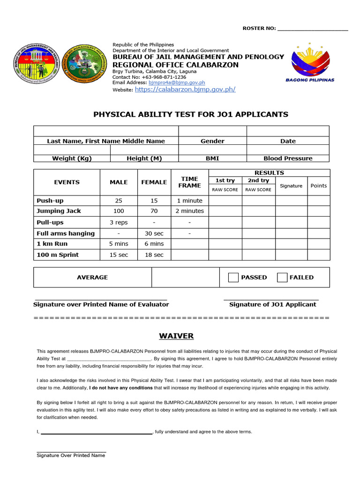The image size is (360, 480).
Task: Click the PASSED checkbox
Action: (233, 277)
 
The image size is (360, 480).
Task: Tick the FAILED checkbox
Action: (282, 277)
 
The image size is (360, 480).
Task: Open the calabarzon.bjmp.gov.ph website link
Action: (185, 89)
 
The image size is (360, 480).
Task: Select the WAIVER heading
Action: (176, 336)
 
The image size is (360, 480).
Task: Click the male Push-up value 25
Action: (119, 201)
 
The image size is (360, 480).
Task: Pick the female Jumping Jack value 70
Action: (154, 211)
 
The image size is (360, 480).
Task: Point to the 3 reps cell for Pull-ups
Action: (119, 222)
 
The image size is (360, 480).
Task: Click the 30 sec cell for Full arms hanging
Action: (154, 233)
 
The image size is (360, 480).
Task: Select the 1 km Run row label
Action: (52, 244)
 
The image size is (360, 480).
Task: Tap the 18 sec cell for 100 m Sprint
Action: (154, 255)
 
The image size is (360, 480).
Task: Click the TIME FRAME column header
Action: (189, 182)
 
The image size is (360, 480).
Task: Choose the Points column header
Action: (319, 186)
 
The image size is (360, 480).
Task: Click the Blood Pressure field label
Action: (288, 158)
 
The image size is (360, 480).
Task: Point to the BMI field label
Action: (212, 158)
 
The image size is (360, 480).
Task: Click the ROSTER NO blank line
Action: (313, 29)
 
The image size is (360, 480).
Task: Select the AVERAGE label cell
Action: (92, 277)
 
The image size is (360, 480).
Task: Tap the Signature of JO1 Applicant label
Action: (272, 305)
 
